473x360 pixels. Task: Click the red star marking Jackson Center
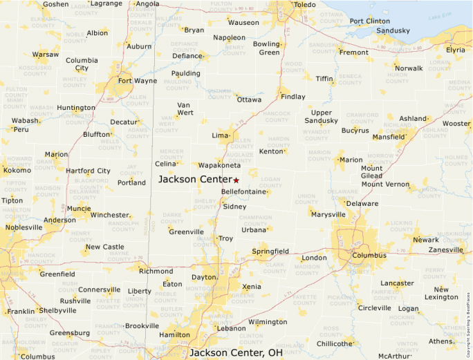pos(236,180)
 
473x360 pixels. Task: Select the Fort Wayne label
pos(137,80)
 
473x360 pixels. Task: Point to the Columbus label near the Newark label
pos(369,255)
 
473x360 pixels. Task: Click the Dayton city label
pos(204,277)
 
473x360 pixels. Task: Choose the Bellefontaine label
pos(243,191)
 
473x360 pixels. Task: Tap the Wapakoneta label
pos(219,166)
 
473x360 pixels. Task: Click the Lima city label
pos(220,135)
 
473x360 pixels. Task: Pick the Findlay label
pos(293,97)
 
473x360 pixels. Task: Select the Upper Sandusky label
pos(322,117)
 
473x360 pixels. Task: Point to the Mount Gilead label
pos(371,172)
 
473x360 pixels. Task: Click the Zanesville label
pos(446,249)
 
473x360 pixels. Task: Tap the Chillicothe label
pos(335,343)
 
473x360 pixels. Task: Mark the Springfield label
pos(270,252)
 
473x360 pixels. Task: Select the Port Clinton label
pos(369,21)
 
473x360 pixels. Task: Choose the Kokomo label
pos(17,170)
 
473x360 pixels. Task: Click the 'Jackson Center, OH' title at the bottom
pos(236,352)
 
